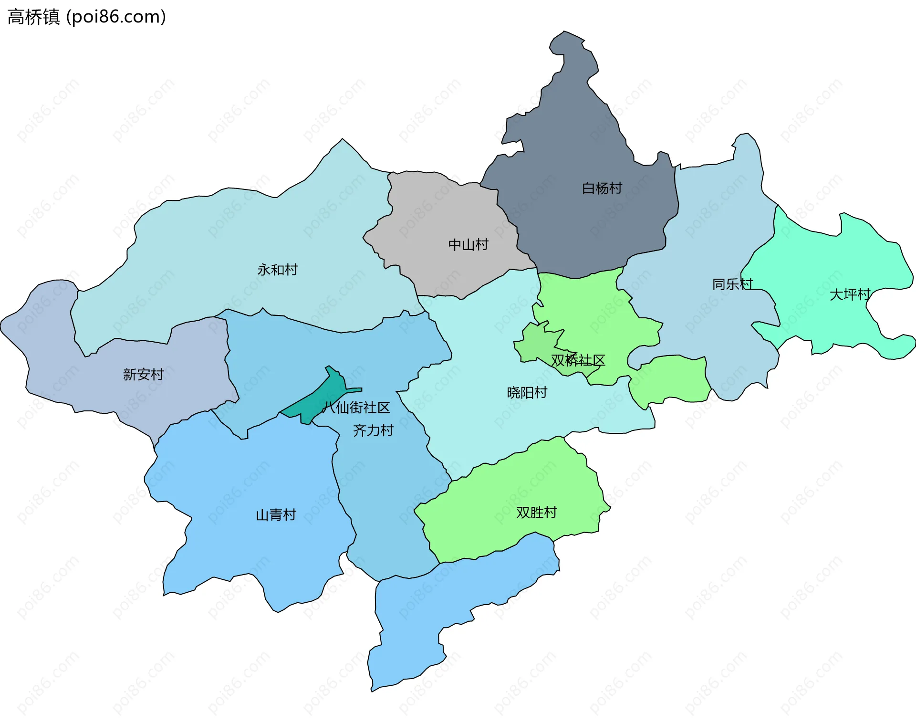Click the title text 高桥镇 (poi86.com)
[x=86, y=17]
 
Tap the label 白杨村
[x=602, y=188]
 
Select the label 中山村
[x=468, y=245]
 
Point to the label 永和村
[x=278, y=270]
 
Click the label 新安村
[x=144, y=374]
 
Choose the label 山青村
[x=276, y=514]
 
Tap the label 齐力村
[x=373, y=430]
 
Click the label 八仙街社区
[x=356, y=408]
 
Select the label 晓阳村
[x=527, y=393]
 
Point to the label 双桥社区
[x=578, y=360]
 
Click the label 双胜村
[x=537, y=512]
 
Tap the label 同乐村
[x=732, y=284]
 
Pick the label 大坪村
[x=850, y=294]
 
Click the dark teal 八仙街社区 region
[x=324, y=396]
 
